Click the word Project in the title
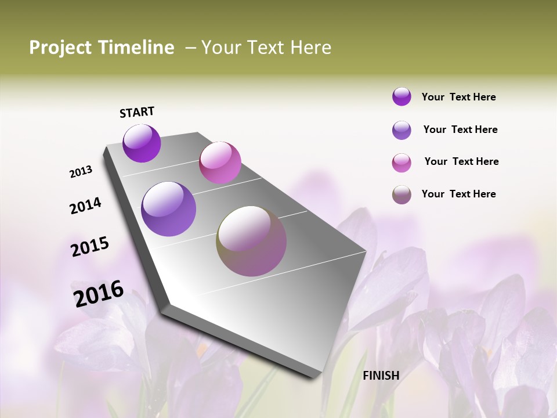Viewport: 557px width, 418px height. pyautogui.click(x=60, y=48)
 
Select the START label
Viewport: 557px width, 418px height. pyautogui.click(x=137, y=112)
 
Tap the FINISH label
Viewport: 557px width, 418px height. pyautogui.click(x=381, y=376)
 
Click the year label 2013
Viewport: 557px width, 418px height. pyautogui.click(x=81, y=172)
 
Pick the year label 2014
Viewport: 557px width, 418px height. pyautogui.click(x=85, y=206)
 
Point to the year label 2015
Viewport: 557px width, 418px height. pyautogui.click(x=90, y=247)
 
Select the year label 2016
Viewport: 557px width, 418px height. pyautogui.click(x=99, y=293)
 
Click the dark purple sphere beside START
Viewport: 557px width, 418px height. pyautogui.click(x=142, y=143)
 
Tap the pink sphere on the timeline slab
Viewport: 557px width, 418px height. pyautogui.click(x=220, y=163)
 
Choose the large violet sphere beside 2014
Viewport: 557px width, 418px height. pyautogui.click(x=168, y=209)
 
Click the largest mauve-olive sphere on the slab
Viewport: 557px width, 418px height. pyautogui.click(x=251, y=241)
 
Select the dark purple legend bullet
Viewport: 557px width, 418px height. pyautogui.click(x=402, y=96)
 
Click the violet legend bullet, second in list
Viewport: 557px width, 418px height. pyautogui.click(x=402, y=130)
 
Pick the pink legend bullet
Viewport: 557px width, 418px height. pyautogui.click(x=402, y=163)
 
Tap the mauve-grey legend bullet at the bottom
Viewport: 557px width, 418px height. pyautogui.click(x=402, y=194)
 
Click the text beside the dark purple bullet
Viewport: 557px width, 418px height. pyautogui.click(x=458, y=97)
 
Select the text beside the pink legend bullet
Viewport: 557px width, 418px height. pyautogui.click(x=461, y=161)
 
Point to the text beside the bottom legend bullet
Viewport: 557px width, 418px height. pyautogui.click(x=458, y=194)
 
